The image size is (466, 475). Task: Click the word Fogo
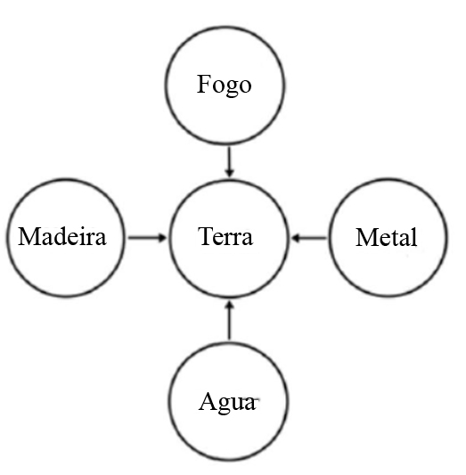coord(224,86)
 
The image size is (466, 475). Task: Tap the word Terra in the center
coord(225,236)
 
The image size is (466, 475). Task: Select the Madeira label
coord(62,236)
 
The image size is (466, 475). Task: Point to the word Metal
coord(387,237)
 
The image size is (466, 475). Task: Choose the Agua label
coord(227,403)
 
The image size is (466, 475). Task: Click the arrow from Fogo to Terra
coord(230,161)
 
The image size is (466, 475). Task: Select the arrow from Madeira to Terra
coord(147,238)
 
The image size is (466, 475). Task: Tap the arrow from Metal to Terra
coord(309,238)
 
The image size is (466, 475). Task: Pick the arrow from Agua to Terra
coord(230,320)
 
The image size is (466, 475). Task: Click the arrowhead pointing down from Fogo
coord(230,172)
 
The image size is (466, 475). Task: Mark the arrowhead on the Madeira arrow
coord(162,238)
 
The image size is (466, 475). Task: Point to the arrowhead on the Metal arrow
coord(296,238)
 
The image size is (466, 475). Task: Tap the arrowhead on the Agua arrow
coord(230,306)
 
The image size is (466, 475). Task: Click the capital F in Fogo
coord(203,84)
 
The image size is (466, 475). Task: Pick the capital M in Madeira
coord(29,236)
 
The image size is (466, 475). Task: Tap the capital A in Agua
coord(207,401)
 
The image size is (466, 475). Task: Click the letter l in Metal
coord(414,236)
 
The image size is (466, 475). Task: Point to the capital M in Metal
coord(366,237)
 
